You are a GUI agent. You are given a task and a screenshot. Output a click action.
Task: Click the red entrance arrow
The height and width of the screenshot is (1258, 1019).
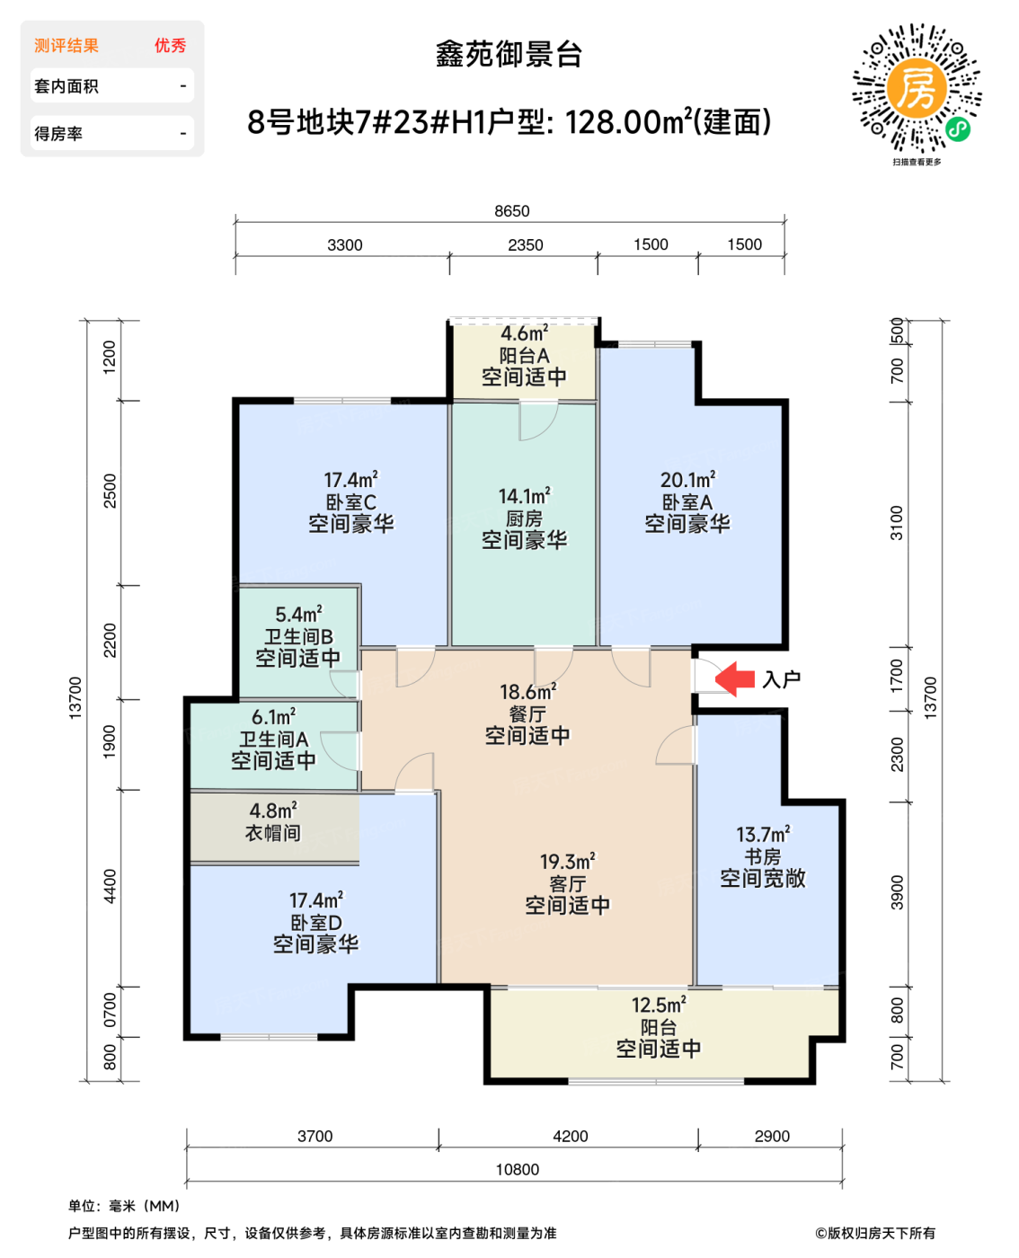click(735, 679)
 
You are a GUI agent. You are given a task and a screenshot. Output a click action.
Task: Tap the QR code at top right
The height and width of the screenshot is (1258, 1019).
click(917, 88)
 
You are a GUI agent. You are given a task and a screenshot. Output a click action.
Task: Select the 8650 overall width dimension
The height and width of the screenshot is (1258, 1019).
click(511, 211)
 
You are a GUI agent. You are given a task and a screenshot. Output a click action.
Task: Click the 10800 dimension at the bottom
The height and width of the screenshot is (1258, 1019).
click(518, 1169)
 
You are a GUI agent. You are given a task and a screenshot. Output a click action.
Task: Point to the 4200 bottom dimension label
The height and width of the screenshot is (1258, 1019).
click(570, 1136)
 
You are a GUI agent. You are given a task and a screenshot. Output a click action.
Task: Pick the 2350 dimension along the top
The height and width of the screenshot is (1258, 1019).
click(525, 244)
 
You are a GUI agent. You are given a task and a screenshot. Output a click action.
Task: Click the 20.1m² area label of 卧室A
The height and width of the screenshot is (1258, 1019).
click(687, 480)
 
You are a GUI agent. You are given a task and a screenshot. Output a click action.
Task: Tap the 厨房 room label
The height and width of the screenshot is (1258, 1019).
click(524, 518)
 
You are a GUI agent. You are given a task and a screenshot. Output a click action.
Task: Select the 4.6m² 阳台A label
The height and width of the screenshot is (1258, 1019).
click(524, 333)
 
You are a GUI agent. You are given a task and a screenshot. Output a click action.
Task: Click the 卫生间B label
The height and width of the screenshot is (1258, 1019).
click(298, 636)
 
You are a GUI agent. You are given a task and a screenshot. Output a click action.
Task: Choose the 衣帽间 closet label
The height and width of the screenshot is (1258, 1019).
click(273, 833)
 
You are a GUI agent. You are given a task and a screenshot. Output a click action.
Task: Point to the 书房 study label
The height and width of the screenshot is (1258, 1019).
click(762, 856)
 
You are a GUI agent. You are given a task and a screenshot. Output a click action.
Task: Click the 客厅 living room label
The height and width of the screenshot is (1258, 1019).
click(567, 883)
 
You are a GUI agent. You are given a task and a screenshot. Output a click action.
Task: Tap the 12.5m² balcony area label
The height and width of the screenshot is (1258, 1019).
click(658, 1005)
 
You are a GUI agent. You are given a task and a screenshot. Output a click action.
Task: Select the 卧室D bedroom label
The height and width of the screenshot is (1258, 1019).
click(315, 922)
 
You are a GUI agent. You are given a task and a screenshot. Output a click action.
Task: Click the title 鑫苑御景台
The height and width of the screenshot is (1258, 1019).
click(509, 55)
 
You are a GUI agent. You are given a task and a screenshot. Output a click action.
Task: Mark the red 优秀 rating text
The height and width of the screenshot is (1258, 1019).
click(170, 46)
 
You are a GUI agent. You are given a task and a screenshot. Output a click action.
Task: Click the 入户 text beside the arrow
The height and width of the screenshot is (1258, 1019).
click(781, 679)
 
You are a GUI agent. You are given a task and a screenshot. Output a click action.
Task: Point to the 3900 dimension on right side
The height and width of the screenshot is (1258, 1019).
click(897, 891)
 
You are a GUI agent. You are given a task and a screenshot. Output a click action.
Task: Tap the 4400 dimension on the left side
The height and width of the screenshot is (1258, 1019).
click(110, 886)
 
